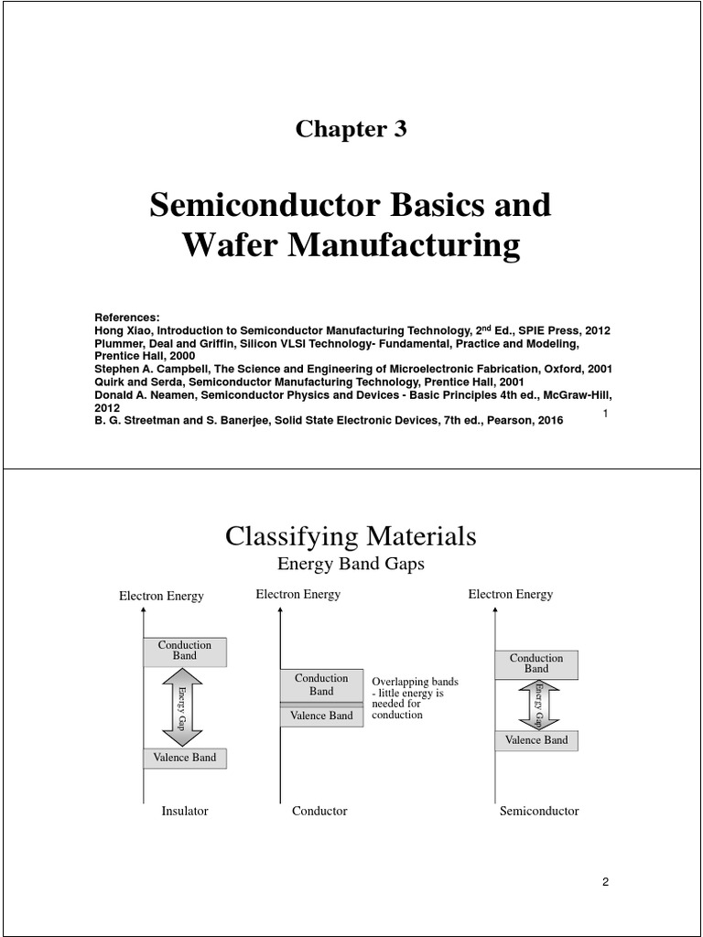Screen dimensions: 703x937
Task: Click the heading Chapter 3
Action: (x=351, y=129)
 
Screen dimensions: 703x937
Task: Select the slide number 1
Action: (x=606, y=415)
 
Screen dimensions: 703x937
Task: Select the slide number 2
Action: (x=605, y=882)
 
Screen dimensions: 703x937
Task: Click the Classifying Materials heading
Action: (x=351, y=536)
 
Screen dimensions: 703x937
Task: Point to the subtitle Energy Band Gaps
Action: (x=351, y=564)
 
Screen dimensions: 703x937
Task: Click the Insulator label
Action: (x=185, y=811)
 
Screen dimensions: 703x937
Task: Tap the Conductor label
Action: (x=319, y=811)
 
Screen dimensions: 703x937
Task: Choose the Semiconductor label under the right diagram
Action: (x=539, y=811)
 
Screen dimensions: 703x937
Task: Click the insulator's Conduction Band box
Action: (x=185, y=651)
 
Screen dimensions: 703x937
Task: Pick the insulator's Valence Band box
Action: (x=185, y=758)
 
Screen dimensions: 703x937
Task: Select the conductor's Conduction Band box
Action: (x=321, y=684)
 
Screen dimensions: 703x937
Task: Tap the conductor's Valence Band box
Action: (x=321, y=716)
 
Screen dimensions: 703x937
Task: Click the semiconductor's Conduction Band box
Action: (x=536, y=664)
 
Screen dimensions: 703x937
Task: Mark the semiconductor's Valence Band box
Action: (x=536, y=740)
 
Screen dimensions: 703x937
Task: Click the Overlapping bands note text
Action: (x=415, y=698)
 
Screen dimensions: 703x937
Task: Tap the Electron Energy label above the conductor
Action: (x=297, y=595)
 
